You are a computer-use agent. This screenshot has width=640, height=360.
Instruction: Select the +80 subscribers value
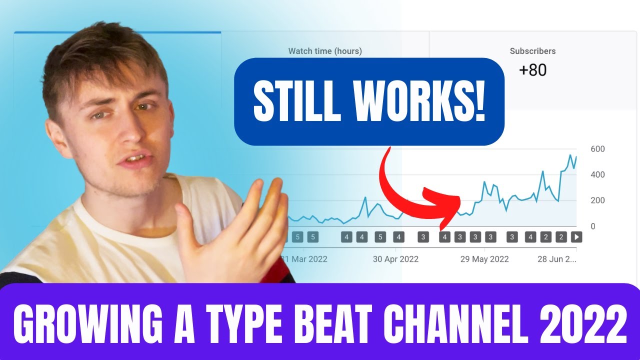coord(532,70)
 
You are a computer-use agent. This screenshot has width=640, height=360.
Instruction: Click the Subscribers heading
coord(532,51)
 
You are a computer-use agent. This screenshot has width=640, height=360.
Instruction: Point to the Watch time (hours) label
coord(325,51)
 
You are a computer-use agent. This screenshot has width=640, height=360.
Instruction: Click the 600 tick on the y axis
coord(597,149)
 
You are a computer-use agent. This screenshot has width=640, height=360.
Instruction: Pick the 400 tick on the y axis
coord(597,174)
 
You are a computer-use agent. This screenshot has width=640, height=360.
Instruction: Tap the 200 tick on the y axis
coord(597,200)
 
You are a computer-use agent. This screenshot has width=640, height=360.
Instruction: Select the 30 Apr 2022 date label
coord(395,259)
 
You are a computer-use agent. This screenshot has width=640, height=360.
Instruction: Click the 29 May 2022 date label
coord(484,259)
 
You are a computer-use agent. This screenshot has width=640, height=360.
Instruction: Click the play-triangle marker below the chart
coord(576,237)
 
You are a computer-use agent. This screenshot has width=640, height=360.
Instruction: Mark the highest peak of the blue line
coord(570,155)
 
